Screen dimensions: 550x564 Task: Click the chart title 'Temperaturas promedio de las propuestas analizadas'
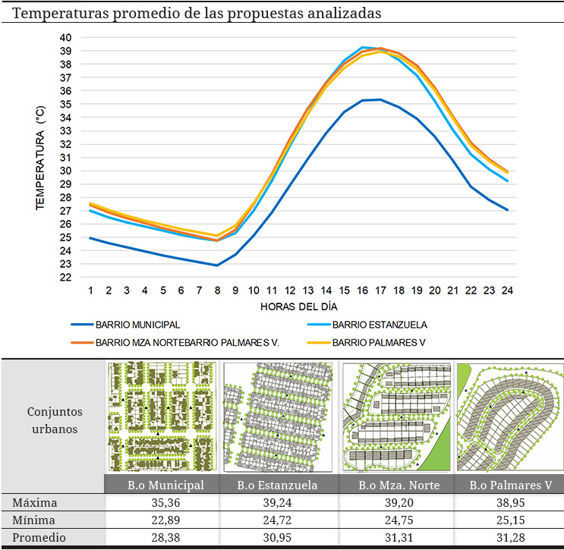pos(197,14)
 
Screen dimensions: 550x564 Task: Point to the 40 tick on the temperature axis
pos(65,37)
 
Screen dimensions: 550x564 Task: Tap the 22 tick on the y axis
pos(65,277)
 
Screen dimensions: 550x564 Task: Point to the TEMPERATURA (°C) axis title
pos(39,158)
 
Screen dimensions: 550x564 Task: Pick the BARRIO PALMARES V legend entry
pos(379,342)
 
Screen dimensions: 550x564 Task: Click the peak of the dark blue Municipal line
pos(380,99)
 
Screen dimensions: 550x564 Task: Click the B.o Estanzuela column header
pos(277,485)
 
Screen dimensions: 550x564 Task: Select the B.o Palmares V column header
pos(510,485)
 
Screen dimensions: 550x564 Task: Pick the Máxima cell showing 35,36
pos(161,503)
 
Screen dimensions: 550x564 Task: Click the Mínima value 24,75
pos(394,520)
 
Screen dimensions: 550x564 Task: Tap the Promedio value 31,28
pos(510,538)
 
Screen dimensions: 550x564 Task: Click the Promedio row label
pos(36,538)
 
